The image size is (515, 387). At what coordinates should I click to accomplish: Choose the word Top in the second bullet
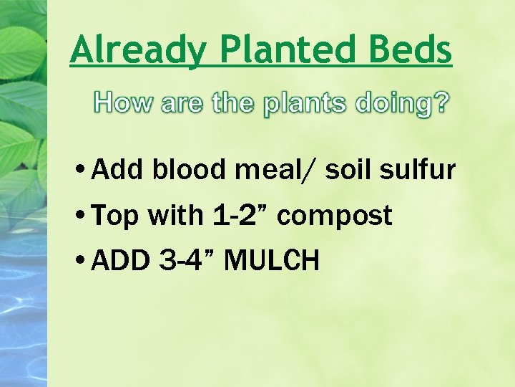click(116, 216)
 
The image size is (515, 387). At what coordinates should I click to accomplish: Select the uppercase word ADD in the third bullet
click(119, 261)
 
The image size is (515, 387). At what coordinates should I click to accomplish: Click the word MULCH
click(272, 261)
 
